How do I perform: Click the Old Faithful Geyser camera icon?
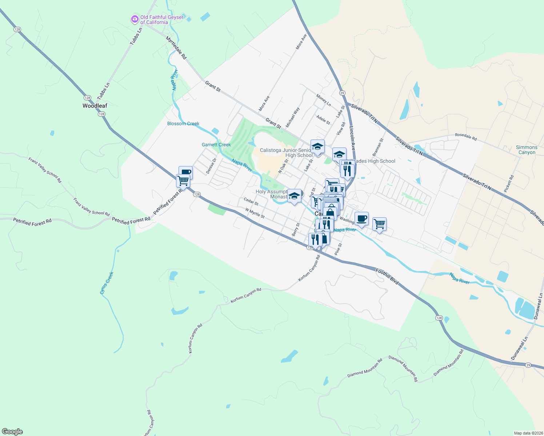(x=135, y=19)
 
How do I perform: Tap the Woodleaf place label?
(x=95, y=106)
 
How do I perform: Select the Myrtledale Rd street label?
(x=176, y=48)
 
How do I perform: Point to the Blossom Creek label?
(x=183, y=124)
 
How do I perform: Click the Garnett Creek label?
(x=216, y=145)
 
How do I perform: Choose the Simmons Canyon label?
(x=527, y=150)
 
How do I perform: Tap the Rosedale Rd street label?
(x=466, y=137)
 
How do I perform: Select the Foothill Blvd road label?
(x=387, y=276)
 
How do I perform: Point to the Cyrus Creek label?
(x=107, y=283)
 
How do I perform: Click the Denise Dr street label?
(x=211, y=166)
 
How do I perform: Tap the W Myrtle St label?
(x=255, y=213)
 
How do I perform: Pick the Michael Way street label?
(x=293, y=117)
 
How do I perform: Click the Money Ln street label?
(x=324, y=100)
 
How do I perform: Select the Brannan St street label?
(x=378, y=148)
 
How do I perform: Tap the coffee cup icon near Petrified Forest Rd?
(x=186, y=172)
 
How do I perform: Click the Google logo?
(x=12, y=432)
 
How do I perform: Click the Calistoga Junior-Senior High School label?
(x=286, y=153)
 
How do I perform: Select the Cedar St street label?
(x=251, y=201)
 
